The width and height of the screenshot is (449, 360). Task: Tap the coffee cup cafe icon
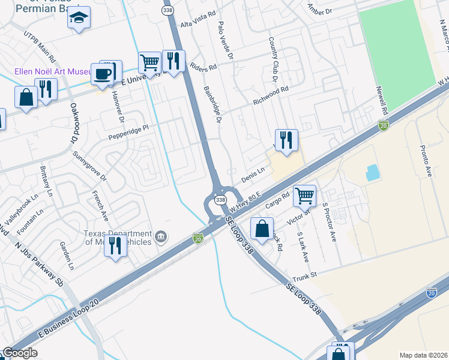(103, 74)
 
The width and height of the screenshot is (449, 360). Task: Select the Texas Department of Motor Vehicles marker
(160, 236)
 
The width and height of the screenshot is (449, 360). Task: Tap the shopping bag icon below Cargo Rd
(262, 229)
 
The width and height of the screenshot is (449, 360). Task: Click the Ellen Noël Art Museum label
(53, 71)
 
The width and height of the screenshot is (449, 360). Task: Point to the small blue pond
(372, 173)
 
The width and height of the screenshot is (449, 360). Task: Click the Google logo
(20, 353)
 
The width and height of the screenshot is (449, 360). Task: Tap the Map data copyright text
(423, 355)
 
